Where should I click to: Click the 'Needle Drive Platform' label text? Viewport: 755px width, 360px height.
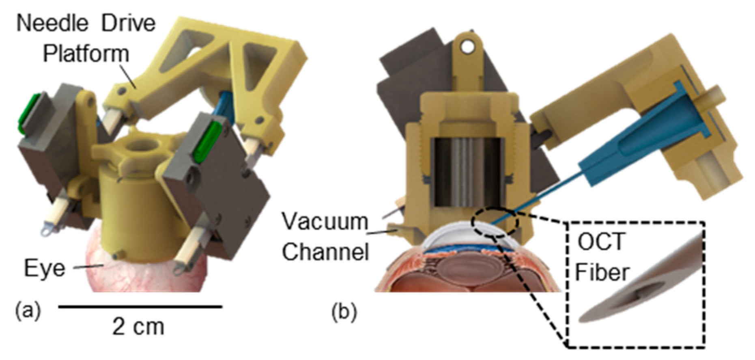pyautogui.click(x=86, y=38)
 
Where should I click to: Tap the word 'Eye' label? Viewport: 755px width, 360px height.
pyautogui.click(x=44, y=268)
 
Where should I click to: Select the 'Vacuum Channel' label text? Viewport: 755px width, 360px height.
pyautogui.click(x=325, y=237)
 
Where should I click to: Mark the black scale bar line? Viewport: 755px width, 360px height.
pyautogui.click(x=140, y=307)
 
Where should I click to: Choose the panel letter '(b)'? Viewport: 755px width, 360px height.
pyautogui.click(x=344, y=313)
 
